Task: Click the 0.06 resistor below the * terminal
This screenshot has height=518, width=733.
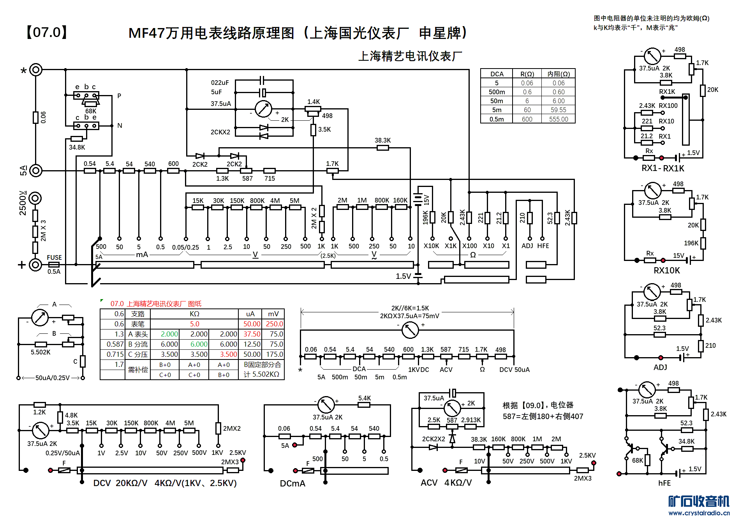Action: pyautogui.click(x=35, y=117)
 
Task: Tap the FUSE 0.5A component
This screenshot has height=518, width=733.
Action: pyautogui.click(x=54, y=264)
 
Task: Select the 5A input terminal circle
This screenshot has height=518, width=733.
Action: pyautogui.click(x=36, y=170)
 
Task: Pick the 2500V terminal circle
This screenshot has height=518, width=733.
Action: pyautogui.click(x=35, y=198)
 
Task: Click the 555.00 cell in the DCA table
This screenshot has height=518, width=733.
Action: pyautogui.click(x=559, y=119)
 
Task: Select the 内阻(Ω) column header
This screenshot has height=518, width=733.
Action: pyautogui.click(x=559, y=74)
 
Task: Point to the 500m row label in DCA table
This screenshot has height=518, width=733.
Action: pyautogui.click(x=497, y=92)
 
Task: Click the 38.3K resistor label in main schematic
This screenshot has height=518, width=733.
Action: pyautogui.click(x=382, y=140)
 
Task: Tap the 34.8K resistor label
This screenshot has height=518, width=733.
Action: pyautogui.click(x=77, y=147)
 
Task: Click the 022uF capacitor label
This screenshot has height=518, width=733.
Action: pyautogui.click(x=220, y=83)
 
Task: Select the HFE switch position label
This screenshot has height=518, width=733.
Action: pyautogui.click(x=543, y=246)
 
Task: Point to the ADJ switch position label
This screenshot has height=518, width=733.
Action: pyautogui.click(x=527, y=246)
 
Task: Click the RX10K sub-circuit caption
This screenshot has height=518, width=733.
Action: pyautogui.click(x=666, y=270)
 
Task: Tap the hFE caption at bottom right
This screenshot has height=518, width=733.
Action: pyautogui.click(x=664, y=483)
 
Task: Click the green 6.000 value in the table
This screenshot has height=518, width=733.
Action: pyautogui.click(x=199, y=344)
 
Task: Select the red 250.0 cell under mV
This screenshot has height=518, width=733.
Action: pyautogui.click(x=274, y=324)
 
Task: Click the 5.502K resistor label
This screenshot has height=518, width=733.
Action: pyautogui.click(x=41, y=352)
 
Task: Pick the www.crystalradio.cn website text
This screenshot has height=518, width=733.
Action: pyautogui.click(x=699, y=513)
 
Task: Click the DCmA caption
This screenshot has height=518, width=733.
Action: pyautogui.click(x=292, y=483)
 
